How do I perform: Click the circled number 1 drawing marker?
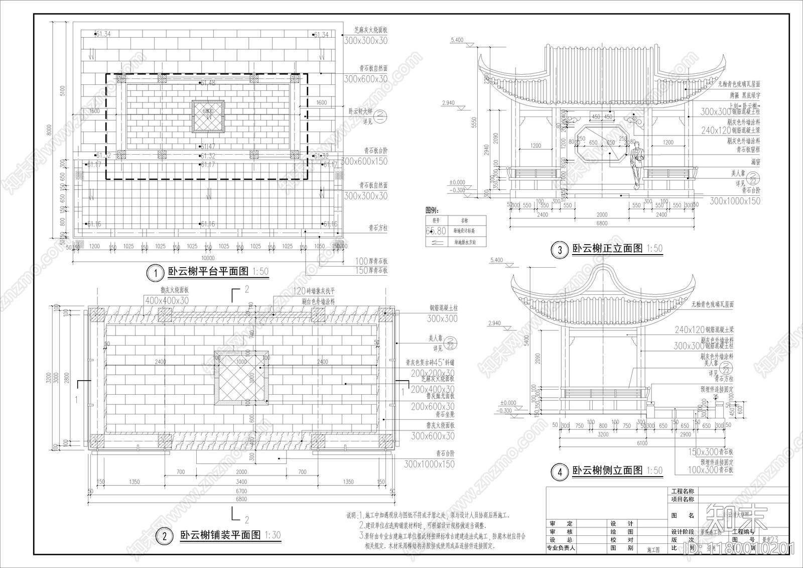(156, 273)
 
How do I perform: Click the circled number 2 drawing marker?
(164, 536)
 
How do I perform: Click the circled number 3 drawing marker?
(560, 250)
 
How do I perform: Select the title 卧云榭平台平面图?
(208, 272)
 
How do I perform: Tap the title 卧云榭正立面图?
(607, 248)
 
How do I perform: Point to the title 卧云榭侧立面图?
(607, 471)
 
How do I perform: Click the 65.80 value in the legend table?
(436, 231)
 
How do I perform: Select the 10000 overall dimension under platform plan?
(208, 259)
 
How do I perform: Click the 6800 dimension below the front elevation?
(601, 223)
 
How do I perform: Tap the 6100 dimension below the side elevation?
(642, 443)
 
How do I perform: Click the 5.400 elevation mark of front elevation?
(457, 40)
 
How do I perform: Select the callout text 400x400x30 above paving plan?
(167, 300)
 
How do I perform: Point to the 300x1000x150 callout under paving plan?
(429, 464)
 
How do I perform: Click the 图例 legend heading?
(432, 210)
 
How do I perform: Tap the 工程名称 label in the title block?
(683, 491)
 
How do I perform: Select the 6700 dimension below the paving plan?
(241, 491)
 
